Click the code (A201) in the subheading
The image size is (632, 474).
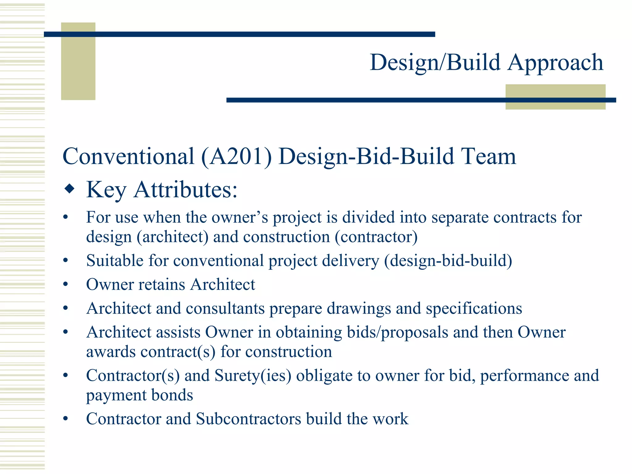tap(236, 156)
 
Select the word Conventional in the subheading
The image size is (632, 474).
tap(128, 156)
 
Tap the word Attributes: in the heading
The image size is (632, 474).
tap(186, 189)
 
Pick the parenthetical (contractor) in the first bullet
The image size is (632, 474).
tap(376, 237)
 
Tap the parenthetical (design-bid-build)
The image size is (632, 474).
tap(448, 261)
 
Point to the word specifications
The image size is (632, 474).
tap(474, 309)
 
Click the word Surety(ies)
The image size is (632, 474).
tap(253, 376)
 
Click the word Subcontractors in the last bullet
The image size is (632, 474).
tap(248, 419)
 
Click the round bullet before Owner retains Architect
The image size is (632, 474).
tap(65, 285)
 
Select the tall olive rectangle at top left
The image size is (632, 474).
tap(78, 61)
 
